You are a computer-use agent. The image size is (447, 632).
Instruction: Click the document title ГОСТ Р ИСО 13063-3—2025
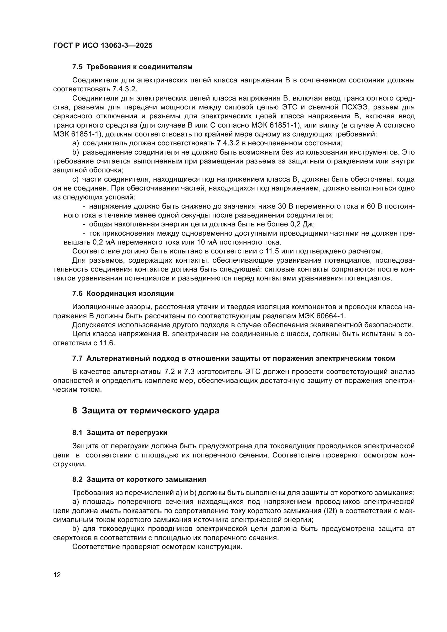[x=103, y=46]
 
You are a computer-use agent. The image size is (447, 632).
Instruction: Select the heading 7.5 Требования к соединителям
[x=132, y=67]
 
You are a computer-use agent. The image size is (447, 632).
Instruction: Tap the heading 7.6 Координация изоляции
[x=123, y=293]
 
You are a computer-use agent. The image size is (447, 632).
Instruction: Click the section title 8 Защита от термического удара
[x=146, y=410]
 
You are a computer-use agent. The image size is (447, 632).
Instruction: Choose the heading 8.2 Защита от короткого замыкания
[x=139, y=479]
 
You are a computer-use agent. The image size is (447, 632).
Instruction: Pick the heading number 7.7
[x=77, y=358]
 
